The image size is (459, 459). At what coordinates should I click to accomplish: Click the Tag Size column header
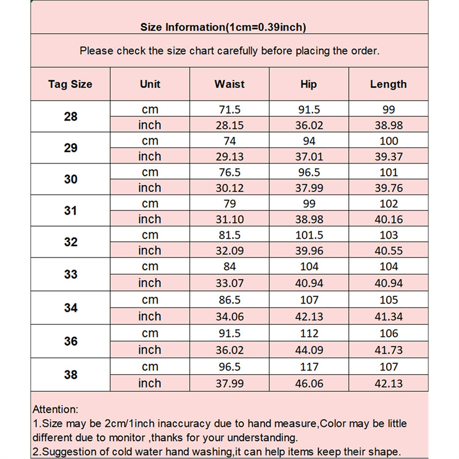click(x=70, y=84)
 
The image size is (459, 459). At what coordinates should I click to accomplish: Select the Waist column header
click(x=229, y=84)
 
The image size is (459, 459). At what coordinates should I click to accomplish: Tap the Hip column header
click(x=309, y=84)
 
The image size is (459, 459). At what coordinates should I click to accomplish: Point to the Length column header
click(x=388, y=84)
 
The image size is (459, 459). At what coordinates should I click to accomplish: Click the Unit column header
click(x=150, y=84)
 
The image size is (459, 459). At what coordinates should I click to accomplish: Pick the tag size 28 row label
click(x=71, y=117)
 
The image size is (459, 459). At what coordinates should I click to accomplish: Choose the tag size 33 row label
click(x=71, y=274)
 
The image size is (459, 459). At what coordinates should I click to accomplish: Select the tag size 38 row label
click(x=71, y=375)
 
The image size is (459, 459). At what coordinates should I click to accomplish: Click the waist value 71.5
click(x=229, y=110)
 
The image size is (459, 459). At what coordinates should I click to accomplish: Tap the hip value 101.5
click(x=309, y=235)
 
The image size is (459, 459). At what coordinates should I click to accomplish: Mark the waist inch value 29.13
click(x=229, y=157)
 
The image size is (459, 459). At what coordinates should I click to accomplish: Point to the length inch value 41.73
click(x=388, y=350)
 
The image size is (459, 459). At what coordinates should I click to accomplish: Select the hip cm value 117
click(x=309, y=367)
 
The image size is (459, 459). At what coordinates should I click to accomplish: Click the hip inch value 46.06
click(x=309, y=383)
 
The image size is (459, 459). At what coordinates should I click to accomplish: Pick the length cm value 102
click(x=388, y=204)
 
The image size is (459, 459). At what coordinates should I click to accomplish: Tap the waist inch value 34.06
click(x=229, y=316)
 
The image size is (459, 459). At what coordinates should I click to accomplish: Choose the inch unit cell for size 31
click(x=150, y=219)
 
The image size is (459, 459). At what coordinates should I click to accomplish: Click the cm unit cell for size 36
click(x=150, y=333)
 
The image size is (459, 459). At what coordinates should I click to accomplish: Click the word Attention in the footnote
click(x=55, y=410)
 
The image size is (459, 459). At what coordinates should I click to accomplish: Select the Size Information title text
click(x=223, y=27)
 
